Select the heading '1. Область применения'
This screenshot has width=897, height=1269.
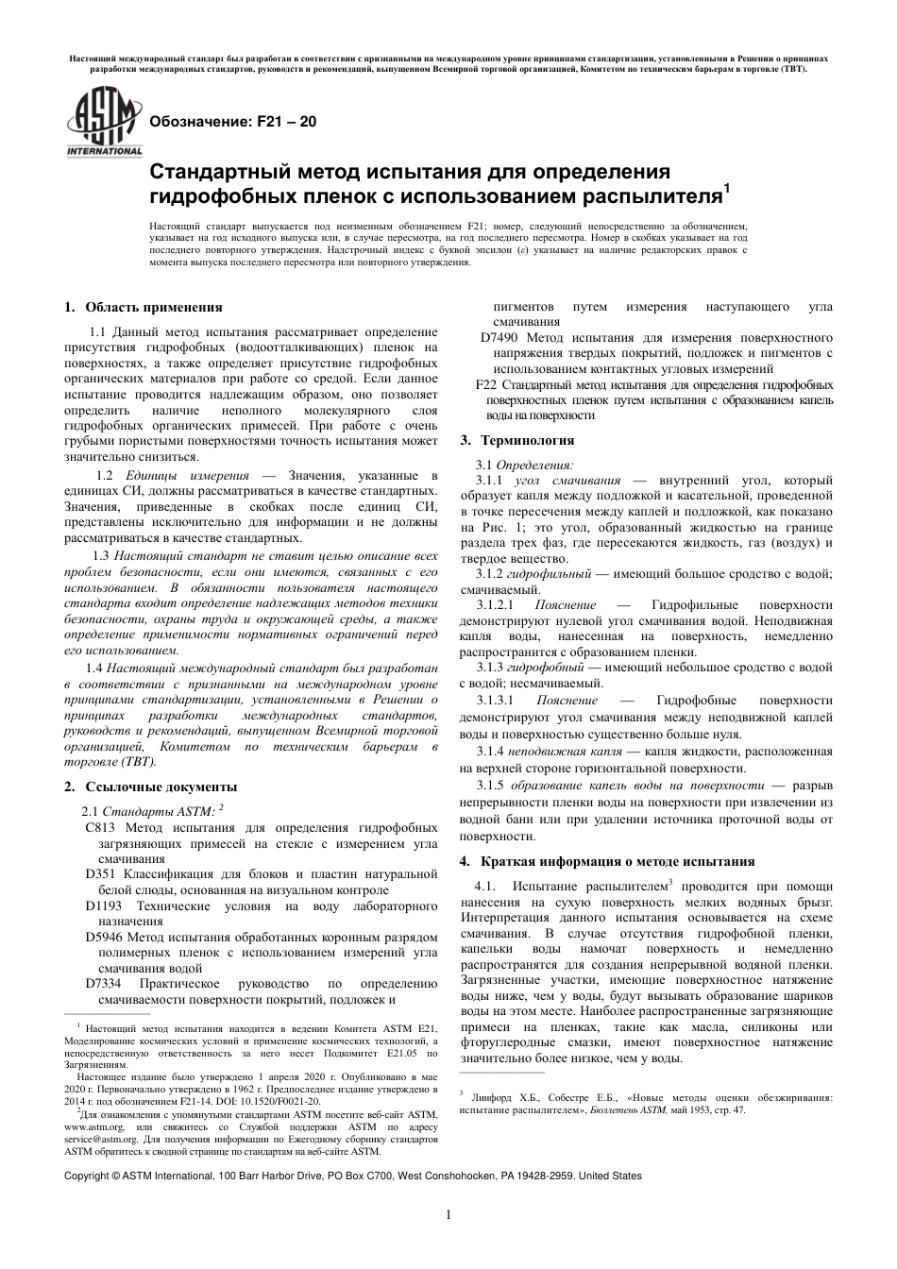(144, 307)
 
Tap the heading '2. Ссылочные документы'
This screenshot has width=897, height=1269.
(150, 787)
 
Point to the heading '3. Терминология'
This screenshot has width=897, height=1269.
(516, 440)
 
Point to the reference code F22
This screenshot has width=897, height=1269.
(485, 384)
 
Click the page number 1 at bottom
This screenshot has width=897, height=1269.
(448, 1215)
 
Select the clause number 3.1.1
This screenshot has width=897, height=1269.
(493, 481)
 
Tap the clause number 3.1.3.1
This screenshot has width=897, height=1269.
(497, 701)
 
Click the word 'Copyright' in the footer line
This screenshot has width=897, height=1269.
(85, 1176)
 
